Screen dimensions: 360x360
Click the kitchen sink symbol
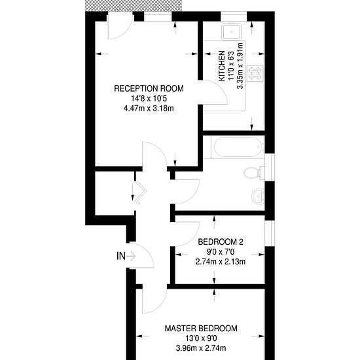coord(232,31)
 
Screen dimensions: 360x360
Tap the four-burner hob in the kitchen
coord(255,73)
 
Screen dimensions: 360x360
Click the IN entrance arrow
coord(132,256)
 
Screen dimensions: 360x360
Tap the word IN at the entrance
coord(121,256)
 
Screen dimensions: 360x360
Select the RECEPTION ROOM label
coord(149,88)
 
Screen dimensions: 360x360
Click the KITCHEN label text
coord(222,66)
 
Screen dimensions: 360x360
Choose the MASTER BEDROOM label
coord(201,329)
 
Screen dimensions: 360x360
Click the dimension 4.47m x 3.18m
coord(149,108)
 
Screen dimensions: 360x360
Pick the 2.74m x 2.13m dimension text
coord(221,262)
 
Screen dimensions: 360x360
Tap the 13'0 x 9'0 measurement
coord(201,338)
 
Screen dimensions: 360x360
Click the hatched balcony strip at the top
coord(134,5)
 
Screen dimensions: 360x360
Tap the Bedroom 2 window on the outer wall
coord(270,233)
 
